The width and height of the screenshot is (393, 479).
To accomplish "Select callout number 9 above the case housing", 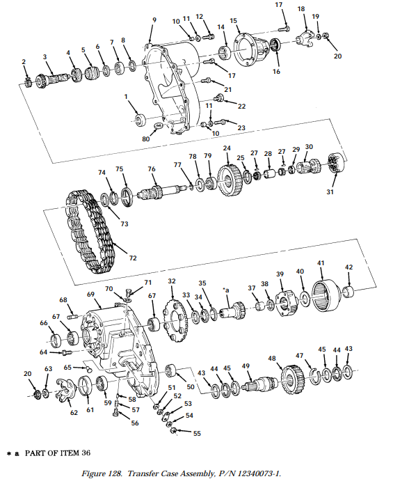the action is (154, 20).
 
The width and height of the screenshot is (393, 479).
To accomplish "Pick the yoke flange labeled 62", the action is (65, 388).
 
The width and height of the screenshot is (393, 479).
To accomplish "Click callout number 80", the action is (146, 139).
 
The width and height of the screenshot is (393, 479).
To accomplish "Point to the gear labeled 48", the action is (293, 379).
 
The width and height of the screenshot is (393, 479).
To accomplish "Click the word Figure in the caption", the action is (91, 473).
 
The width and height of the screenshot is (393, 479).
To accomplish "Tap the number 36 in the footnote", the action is (86, 453).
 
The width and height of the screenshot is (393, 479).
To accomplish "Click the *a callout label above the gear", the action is (226, 290).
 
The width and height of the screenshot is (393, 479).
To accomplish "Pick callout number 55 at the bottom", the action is (197, 433).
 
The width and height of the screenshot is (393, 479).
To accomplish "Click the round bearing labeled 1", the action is (141, 118).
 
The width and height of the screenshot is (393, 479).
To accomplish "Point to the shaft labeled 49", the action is (260, 384).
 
